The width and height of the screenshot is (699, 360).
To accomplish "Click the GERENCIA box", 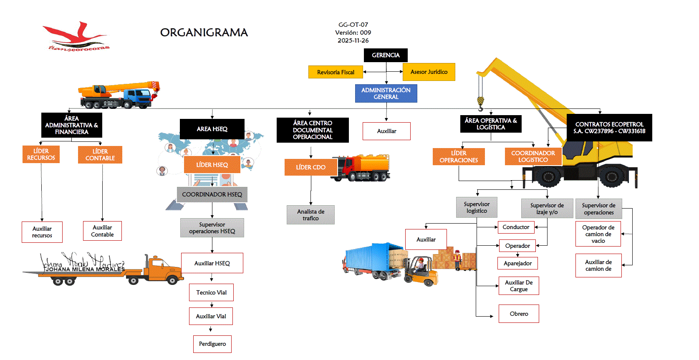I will pyautogui.click(x=386, y=55).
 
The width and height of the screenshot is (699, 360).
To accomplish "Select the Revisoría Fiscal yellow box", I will pyautogui.click(x=336, y=72).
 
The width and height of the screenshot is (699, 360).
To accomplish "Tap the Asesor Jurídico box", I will pyautogui.click(x=429, y=72).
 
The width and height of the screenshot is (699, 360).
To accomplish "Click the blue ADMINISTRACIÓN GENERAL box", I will pyautogui.click(x=386, y=93).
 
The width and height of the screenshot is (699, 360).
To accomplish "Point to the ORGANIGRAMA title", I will pyautogui.click(x=204, y=33).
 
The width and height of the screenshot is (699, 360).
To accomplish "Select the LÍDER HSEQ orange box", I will pyautogui.click(x=212, y=165).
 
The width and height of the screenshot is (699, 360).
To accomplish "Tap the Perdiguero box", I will pyautogui.click(x=212, y=344).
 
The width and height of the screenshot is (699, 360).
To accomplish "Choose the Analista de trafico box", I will pyautogui.click(x=310, y=215).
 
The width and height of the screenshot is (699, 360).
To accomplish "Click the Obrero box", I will pyautogui.click(x=519, y=314).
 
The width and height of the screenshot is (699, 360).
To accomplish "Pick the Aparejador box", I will pyautogui.click(x=517, y=263).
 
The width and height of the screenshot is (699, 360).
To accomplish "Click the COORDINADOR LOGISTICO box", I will pyautogui.click(x=533, y=156).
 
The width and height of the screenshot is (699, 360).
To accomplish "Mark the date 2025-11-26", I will pyautogui.click(x=353, y=40).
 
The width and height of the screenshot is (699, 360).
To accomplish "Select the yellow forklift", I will pyautogui.click(x=421, y=272).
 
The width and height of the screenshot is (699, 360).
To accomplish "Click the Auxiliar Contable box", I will pyautogui.click(x=102, y=231).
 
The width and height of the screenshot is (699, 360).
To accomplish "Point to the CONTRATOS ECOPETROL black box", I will pyautogui.click(x=609, y=128).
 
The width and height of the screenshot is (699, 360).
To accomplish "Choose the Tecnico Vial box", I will pyautogui.click(x=211, y=292).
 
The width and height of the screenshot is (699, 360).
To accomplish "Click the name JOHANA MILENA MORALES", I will pyautogui.click(x=85, y=269).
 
